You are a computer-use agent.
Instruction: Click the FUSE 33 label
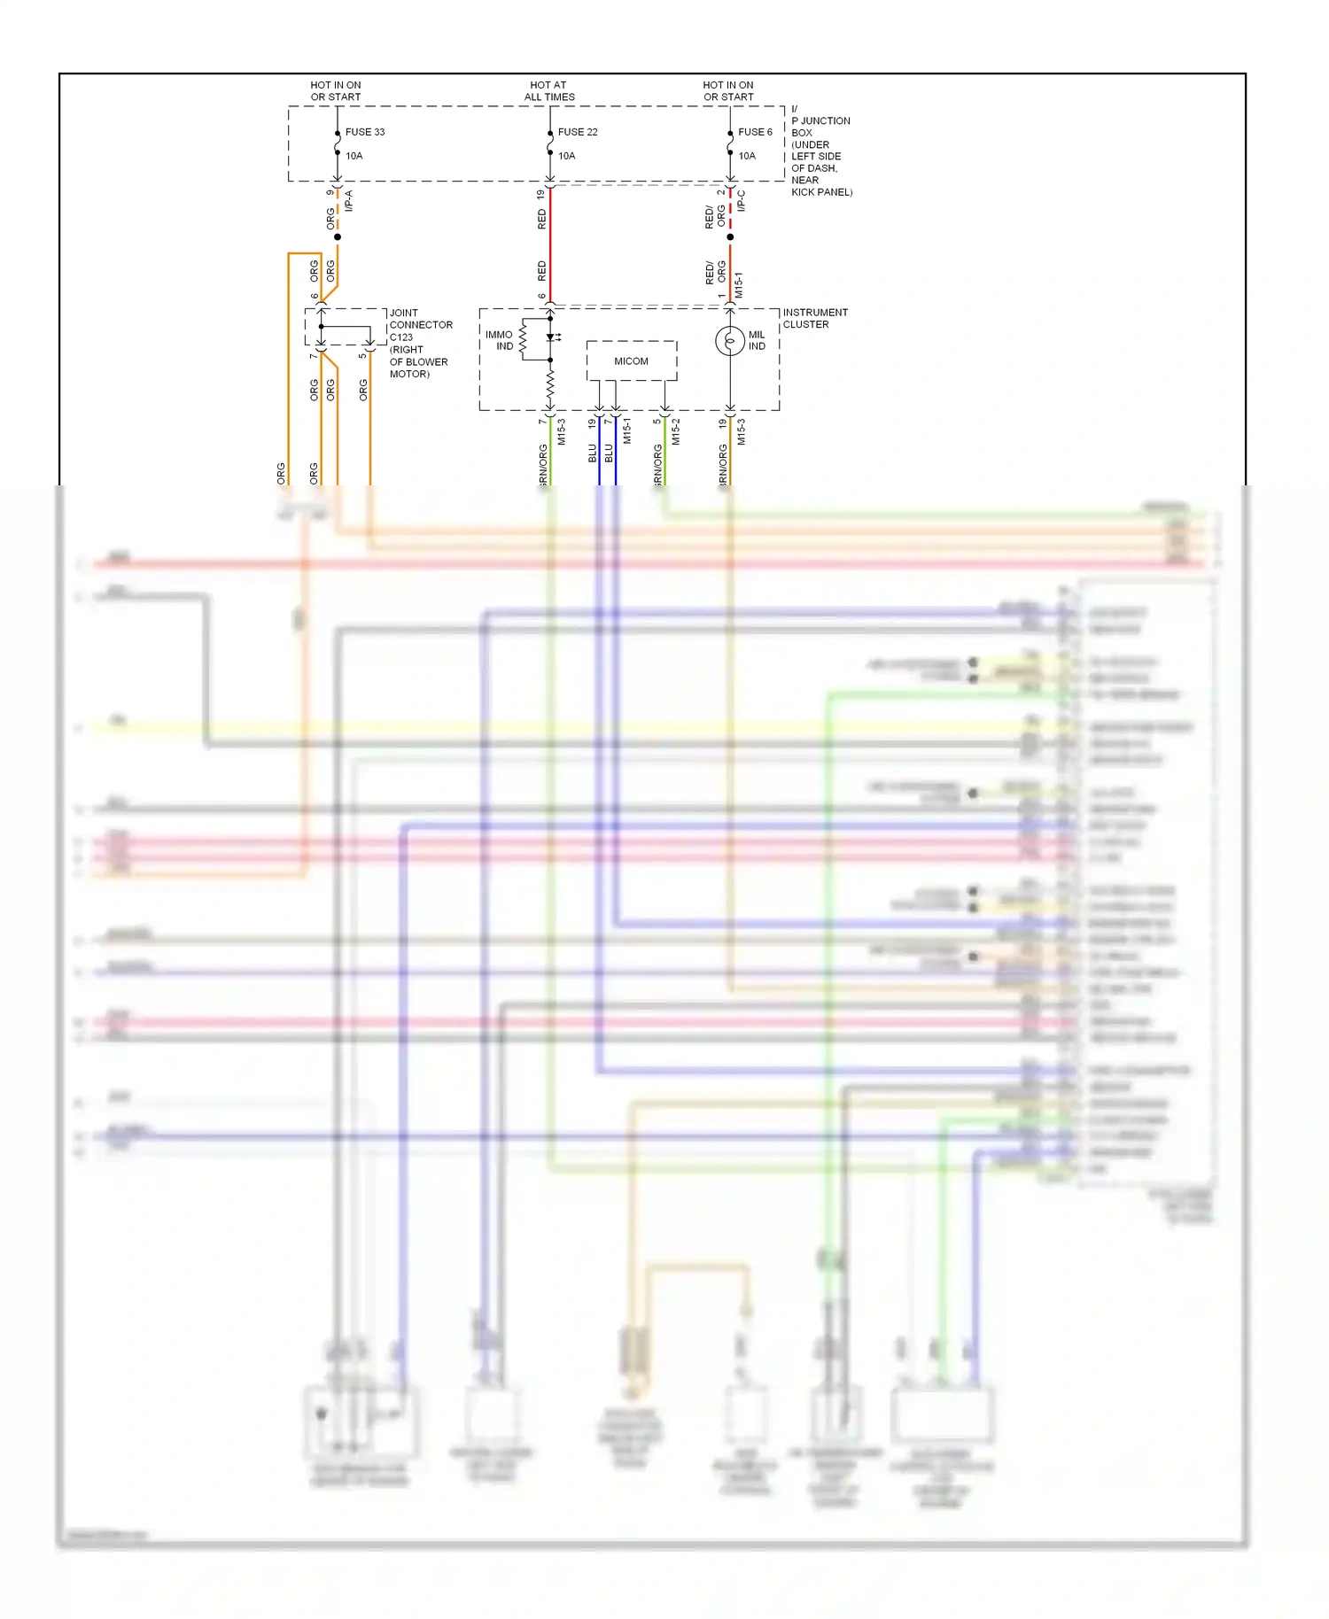coord(364,132)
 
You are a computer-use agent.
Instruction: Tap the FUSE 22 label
coord(577,132)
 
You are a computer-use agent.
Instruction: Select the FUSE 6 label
coord(755,132)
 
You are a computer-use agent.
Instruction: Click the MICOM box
coord(631,361)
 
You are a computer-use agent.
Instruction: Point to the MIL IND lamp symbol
coord(729,341)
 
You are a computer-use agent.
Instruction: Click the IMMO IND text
coord(499,341)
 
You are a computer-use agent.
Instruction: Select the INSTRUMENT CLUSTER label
coord(814,319)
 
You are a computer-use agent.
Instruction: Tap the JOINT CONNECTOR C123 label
coord(420,325)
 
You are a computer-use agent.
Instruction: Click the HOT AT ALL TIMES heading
coord(548,91)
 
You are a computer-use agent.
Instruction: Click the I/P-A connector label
coord(349,200)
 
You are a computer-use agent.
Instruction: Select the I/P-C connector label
coord(742,200)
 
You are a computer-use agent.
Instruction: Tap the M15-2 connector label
coord(675,431)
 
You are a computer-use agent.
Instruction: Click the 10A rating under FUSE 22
coord(566,156)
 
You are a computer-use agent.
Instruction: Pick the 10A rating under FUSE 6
coord(747,156)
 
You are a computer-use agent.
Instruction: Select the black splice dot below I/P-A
coord(338,237)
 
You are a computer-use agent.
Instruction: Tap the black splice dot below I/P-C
coord(730,237)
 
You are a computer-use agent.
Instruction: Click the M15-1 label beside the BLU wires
coord(626,431)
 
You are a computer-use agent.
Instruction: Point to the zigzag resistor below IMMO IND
coord(550,384)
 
